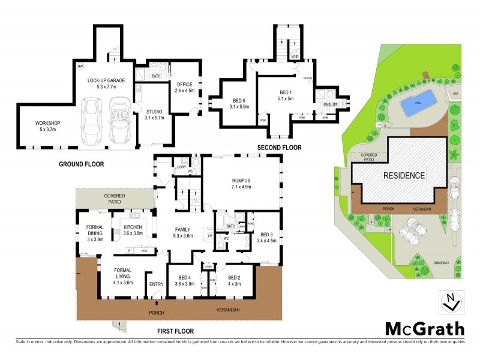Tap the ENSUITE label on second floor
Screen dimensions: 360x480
(331, 104)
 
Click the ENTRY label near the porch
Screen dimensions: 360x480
(156, 284)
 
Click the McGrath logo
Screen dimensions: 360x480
(425, 328)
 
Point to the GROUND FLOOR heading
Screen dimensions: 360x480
(82, 164)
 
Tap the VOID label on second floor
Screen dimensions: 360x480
(295, 57)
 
